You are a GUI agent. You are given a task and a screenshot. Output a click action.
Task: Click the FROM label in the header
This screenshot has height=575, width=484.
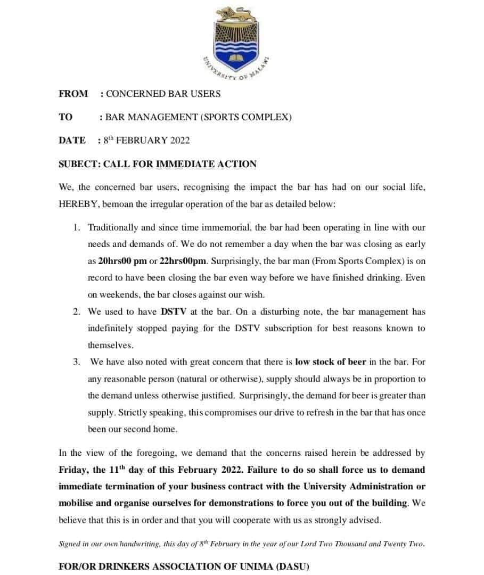[x=73, y=94]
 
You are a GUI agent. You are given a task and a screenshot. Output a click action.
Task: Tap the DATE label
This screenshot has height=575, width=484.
[x=72, y=141]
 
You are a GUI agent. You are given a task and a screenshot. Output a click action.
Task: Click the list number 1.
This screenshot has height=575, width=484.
[x=77, y=228]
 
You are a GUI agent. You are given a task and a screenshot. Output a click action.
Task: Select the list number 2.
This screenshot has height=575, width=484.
[x=77, y=311]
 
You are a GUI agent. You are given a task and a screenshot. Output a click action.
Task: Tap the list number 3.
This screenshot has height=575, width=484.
[x=77, y=362]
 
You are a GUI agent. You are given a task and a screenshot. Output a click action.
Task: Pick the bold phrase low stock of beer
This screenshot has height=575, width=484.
[x=331, y=362]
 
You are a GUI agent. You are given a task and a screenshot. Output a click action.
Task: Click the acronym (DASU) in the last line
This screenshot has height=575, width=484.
[x=289, y=566]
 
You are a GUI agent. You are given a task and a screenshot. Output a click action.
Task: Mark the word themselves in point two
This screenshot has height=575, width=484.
[x=110, y=345]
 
